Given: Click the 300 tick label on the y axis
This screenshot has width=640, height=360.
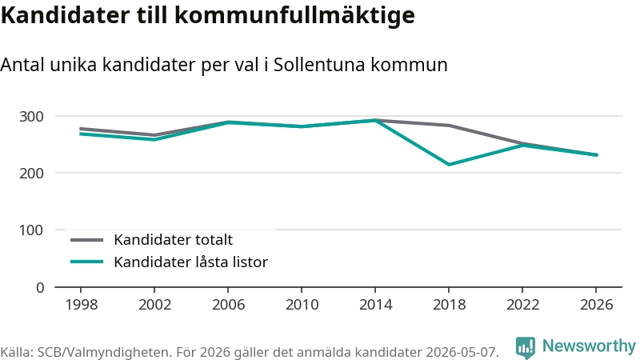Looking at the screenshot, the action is click(x=31, y=116).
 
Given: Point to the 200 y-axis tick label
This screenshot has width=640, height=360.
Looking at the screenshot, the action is click(x=31, y=173).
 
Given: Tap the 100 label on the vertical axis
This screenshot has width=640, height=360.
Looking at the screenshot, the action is click(x=31, y=230).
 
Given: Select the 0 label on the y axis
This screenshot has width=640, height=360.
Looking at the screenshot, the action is click(x=40, y=288).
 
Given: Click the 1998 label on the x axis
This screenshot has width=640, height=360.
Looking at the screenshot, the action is click(x=82, y=305).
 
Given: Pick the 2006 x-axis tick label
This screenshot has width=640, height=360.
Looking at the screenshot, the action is click(x=228, y=305).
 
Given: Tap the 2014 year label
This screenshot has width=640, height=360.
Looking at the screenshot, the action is click(x=375, y=305).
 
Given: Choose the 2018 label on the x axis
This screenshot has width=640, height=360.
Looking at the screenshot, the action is click(x=449, y=305).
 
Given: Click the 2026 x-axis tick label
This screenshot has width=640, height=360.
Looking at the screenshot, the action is click(x=596, y=305).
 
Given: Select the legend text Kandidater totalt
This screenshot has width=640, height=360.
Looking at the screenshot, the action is click(x=173, y=239).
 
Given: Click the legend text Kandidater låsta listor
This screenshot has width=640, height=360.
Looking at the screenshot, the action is click(x=190, y=262).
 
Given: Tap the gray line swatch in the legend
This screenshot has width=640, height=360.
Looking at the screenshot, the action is click(x=87, y=240).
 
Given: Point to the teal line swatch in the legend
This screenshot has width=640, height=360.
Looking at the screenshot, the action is click(x=87, y=262).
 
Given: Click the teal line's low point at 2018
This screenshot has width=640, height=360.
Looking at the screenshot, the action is click(x=449, y=165).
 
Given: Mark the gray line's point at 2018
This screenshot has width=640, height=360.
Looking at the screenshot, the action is click(x=449, y=126).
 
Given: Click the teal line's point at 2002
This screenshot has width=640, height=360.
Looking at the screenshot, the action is click(x=154, y=139).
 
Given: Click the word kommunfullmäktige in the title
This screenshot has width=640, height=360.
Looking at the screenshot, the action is click(x=294, y=15).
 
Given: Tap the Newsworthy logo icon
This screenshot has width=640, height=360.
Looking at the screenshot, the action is click(x=526, y=348).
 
